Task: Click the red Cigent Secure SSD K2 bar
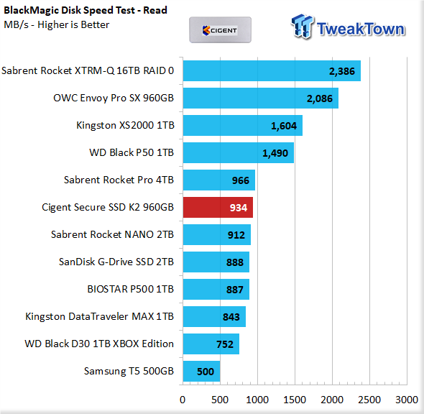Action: [x=218, y=208]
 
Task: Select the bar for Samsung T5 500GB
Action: [x=201, y=372]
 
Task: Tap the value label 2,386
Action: [x=342, y=71]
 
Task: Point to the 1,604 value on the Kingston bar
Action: [x=284, y=126]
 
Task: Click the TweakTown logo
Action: [x=349, y=27]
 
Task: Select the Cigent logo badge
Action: [x=220, y=30]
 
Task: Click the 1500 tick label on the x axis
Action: [x=295, y=400]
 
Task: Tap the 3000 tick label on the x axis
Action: [x=407, y=400]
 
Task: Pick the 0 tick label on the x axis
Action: [x=183, y=400]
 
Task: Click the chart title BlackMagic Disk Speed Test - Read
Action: [x=86, y=10]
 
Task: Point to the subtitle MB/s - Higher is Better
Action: [x=57, y=24]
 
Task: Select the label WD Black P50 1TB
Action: [x=132, y=153]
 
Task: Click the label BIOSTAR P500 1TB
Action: [x=130, y=289]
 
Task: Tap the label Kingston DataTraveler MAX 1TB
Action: [x=99, y=317]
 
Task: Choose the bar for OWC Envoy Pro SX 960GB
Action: [x=261, y=98]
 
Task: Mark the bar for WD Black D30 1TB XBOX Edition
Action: [x=211, y=344]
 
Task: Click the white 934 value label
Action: [x=239, y=208]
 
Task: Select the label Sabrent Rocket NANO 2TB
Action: [x=112, y=234]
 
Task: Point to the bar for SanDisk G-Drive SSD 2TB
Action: [x=216, y=262]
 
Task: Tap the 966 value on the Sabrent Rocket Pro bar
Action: [x=241, y=180]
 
